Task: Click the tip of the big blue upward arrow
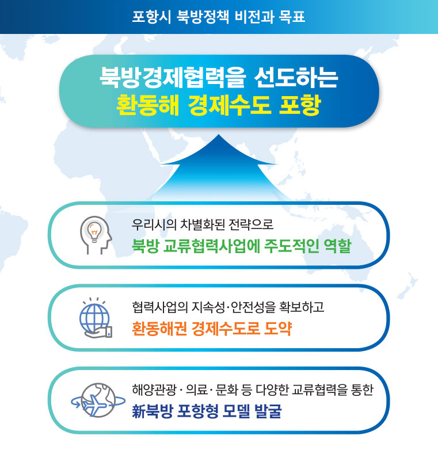218,136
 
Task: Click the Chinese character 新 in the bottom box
139,412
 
